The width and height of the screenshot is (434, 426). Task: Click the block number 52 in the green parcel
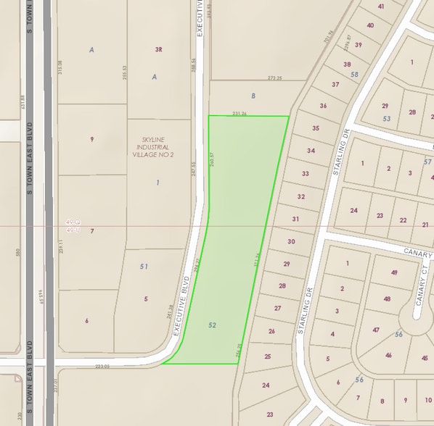213,325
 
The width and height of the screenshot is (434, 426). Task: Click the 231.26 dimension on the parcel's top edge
240,113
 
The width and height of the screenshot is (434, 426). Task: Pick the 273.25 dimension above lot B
274,78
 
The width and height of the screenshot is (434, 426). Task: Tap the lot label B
253,95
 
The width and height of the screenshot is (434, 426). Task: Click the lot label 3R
157,50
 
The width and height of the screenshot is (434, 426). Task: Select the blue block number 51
144,267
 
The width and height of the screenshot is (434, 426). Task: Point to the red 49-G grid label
71,222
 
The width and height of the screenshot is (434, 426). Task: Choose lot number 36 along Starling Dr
323,106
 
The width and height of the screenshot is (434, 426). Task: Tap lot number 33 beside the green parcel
306,174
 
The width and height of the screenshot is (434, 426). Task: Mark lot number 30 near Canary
291,241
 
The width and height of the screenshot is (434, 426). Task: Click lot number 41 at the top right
381,7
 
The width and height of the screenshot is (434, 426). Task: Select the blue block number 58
355,75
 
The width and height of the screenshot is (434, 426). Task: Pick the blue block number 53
387,117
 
